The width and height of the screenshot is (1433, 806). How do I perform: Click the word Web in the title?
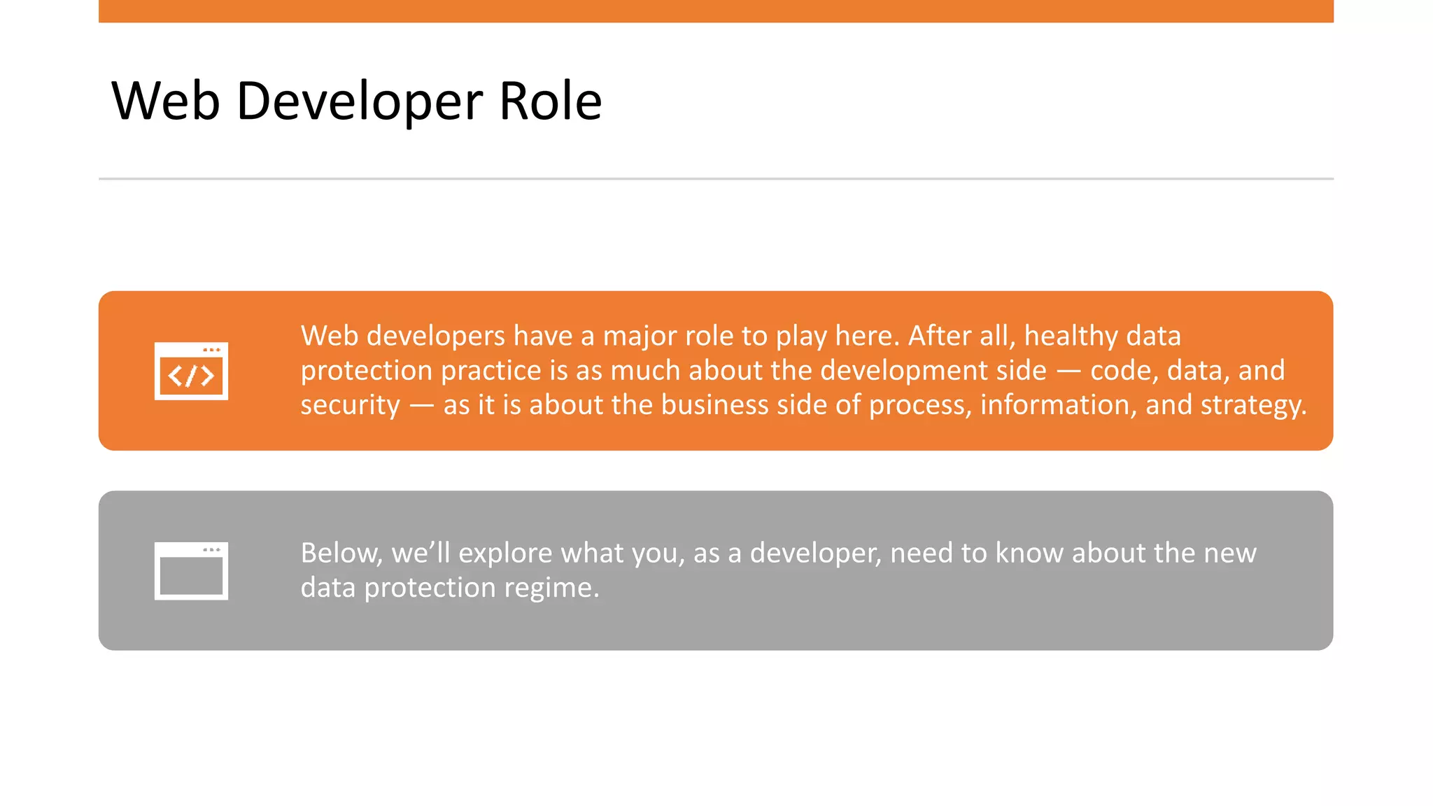pyautogui.click(x=166, y=101)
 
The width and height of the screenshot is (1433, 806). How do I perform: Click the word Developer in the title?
pyautogui.click(x=359, y=101)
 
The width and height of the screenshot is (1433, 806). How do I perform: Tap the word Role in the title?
pyautogui.click(x=550, y=101)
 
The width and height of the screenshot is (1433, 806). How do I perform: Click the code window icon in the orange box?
pyautogui.click(x=191, y=372)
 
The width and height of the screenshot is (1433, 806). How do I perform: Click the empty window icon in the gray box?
pyautogui.click(x=191, y=571)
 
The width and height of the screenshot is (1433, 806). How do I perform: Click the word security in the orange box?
pyautogui.click(x=350, y=405)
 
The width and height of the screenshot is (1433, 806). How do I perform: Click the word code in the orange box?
pyautogui.click(x=1123, y=371)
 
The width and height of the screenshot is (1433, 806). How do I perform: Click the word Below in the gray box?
pyautogui.click(x=341, y=553)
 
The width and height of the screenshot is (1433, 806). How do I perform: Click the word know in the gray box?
pyautogui.click(x=1029, y=553)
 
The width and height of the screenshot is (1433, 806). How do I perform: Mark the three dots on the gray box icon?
pyautogui.click(x=211, y=550)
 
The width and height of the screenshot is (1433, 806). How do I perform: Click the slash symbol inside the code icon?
pyautogui.click(x=191, y=376)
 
